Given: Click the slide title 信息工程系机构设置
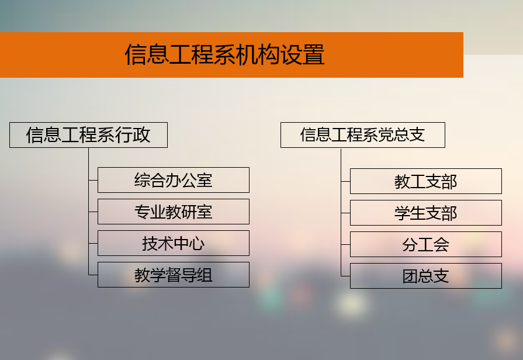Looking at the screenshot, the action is click(x=224, y=55).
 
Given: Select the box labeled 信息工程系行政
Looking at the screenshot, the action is click(x=88, y=135).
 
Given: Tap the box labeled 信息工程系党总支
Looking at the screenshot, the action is click(x=362, y=135).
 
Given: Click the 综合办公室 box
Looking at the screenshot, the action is click(x=174, y=180).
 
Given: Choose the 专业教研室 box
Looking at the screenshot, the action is click(x=174, y=212).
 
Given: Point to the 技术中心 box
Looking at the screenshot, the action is click(x=174, y=243).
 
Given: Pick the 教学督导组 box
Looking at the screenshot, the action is click(x=174, y=275).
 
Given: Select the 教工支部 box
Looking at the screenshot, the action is click(x=425, y=181).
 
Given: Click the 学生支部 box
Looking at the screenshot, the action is click(x=425, y=213).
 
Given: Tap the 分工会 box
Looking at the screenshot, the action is click(x=425, y=244).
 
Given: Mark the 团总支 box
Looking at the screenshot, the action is click(x=425, y=276).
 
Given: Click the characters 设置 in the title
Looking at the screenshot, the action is click(x=302, y=55).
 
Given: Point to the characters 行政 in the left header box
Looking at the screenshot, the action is click(x=133, y=135).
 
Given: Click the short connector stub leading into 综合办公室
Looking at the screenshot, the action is click(x=93, y=180).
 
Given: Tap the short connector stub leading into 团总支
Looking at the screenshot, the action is click(x=345, y=276).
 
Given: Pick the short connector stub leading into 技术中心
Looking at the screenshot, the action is click(x=93, y=243).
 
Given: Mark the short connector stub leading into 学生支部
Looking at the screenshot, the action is click(x=345, y=213).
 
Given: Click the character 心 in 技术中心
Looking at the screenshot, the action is click(x=197, y=243).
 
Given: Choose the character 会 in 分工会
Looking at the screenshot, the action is click(x=441, y=244).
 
